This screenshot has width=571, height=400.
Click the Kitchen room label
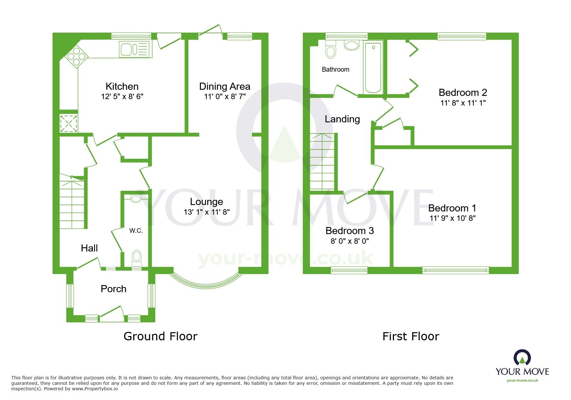122,86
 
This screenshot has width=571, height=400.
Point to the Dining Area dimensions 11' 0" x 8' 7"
225,97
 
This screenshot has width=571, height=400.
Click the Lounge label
206,201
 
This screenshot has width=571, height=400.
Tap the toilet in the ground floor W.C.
137,257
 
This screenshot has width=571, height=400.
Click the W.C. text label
136,231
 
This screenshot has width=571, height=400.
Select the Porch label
113,289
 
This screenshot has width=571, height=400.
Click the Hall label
89,248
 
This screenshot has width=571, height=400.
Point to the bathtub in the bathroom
373,67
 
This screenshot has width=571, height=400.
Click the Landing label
342,119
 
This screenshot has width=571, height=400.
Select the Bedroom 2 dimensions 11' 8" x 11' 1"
463,103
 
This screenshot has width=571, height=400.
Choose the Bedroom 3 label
349,231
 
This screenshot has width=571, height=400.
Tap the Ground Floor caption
160,336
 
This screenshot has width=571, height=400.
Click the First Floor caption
411,336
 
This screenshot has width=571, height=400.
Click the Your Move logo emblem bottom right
522,358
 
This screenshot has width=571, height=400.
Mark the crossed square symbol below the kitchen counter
69,123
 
